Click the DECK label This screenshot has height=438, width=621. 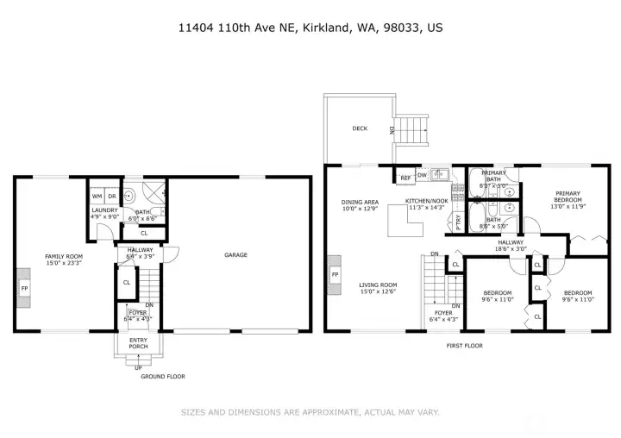[x=360, y=128]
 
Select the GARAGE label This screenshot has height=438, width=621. [x=235, y=254]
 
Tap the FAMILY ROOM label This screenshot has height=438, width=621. [x=64, y=256]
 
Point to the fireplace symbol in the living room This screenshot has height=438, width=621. [x=334, y=276]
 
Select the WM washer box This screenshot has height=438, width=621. [x=97, y=196]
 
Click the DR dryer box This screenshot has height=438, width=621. [x=111, y=196]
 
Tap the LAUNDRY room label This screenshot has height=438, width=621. [x=104, y=210]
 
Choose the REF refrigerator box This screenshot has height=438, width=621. [x=405, y=178]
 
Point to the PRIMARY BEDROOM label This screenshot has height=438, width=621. [x=568, y=196]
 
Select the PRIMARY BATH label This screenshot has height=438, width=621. [x=493, y=176]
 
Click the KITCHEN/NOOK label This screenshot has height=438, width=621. [x=425, y=203]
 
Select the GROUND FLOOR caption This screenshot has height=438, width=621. [x=163, y=376]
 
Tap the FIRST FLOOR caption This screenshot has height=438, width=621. [x=464, y=345]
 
